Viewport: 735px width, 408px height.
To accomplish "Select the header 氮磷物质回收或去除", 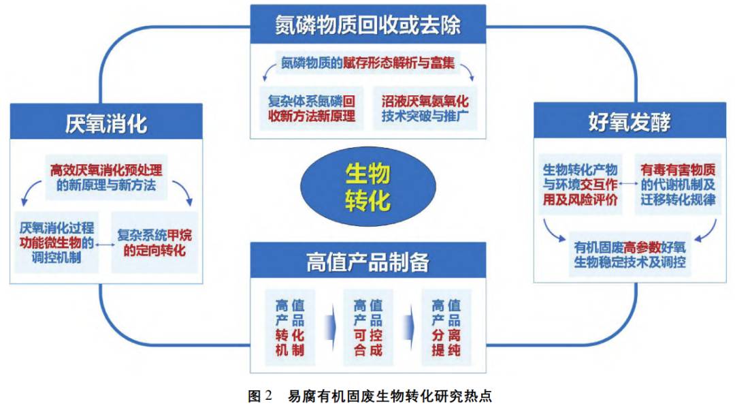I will point(367,25).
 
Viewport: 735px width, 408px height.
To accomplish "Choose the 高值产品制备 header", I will point(367,262).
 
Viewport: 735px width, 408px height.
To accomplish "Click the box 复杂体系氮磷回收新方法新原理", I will point(311,108).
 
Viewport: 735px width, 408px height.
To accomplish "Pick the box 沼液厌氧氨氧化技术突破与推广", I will point(425,108).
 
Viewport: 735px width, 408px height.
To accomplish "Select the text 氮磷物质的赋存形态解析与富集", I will point(368,64).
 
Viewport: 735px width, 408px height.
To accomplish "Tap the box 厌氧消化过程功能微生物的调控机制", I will point(57,241).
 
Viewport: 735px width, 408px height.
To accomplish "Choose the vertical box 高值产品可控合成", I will point(368,328).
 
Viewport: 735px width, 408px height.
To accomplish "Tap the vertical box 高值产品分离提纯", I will point(446,328).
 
